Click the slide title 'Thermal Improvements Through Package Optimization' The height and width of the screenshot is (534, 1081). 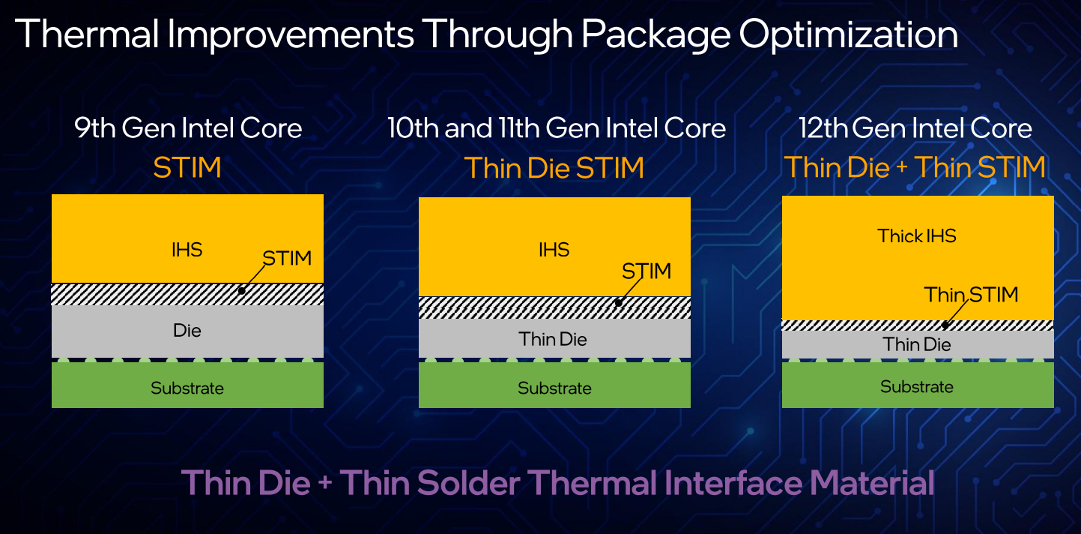tap(486, 34)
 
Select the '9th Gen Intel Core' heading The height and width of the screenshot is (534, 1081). tap(188, 128)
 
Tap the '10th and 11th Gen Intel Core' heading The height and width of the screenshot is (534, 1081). tap(557, 128)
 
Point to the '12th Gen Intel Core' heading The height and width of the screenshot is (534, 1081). tap(915, 128)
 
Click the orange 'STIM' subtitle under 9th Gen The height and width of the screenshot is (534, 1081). tap(187, 168)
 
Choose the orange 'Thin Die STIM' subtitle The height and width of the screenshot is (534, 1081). tap(554, 168)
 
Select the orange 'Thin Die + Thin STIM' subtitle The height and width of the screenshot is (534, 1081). tap(915, 168)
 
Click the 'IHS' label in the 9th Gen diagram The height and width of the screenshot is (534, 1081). tap(187, 250)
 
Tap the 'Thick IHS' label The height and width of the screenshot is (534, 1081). tap(916, 236)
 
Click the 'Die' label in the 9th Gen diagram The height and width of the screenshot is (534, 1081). tap(187, 331)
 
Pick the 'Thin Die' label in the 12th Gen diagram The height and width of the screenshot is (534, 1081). tap(917, 344)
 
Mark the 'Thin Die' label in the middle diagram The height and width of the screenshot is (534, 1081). tap(553, 339)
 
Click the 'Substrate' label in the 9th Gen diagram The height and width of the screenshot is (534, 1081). tap(187, 388)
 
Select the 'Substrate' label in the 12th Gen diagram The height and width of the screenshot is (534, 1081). tap(917, 386)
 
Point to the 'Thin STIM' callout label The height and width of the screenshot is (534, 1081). tap(971, 295)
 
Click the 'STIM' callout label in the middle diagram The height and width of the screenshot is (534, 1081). tap(647, 271)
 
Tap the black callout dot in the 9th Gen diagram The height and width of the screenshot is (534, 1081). tap(242, 291)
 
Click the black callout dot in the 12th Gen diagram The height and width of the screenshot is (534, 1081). tap(945, 325)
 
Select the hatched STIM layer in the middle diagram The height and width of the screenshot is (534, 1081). tap(554, 307)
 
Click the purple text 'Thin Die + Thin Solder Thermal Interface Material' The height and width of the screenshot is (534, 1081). tap(558, 483)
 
